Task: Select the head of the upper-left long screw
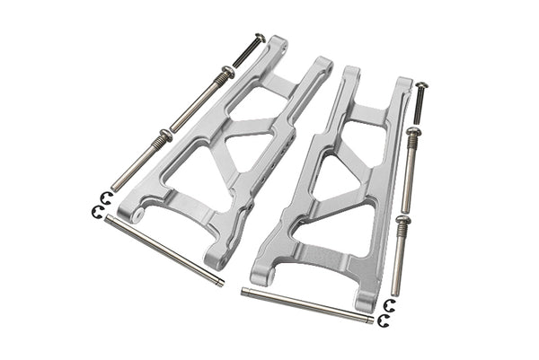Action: click(x=228, y=73)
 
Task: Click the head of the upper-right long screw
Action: click(x=412, y=133)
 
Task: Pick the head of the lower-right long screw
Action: click(x=402, y=219)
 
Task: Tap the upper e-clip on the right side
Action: click(x=388, y=304)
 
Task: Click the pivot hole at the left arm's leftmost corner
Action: click(x=136, y=215)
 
